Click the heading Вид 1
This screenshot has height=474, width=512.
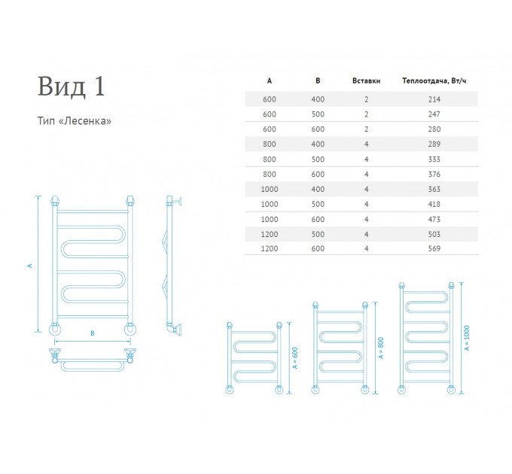click(72, 87)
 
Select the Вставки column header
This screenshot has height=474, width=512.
click(367, 81)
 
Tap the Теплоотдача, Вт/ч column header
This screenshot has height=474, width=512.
click(434, 81)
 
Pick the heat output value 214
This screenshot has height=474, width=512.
click(434, 99)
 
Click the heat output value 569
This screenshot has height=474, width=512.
click(434, 248)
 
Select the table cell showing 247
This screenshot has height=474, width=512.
click(434, 114)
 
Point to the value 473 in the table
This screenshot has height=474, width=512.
click(434, 219)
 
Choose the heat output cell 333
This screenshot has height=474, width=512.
click(434, 160)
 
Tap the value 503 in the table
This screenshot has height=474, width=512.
click(434, 234)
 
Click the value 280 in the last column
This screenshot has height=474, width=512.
click(434, 129)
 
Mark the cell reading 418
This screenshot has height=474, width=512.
click(434, 204)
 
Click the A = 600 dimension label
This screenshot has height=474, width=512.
click(295, 358)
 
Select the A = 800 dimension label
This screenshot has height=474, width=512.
click(381, 348)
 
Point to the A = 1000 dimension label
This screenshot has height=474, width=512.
click(467, 338)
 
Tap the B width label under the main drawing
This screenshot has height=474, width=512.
click(93, 333)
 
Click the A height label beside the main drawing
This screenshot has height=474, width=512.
click(29, 266)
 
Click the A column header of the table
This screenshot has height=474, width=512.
click(270, 81)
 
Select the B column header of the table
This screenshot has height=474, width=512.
click(318, 81)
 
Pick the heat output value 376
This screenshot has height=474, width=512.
click(434, 175)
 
